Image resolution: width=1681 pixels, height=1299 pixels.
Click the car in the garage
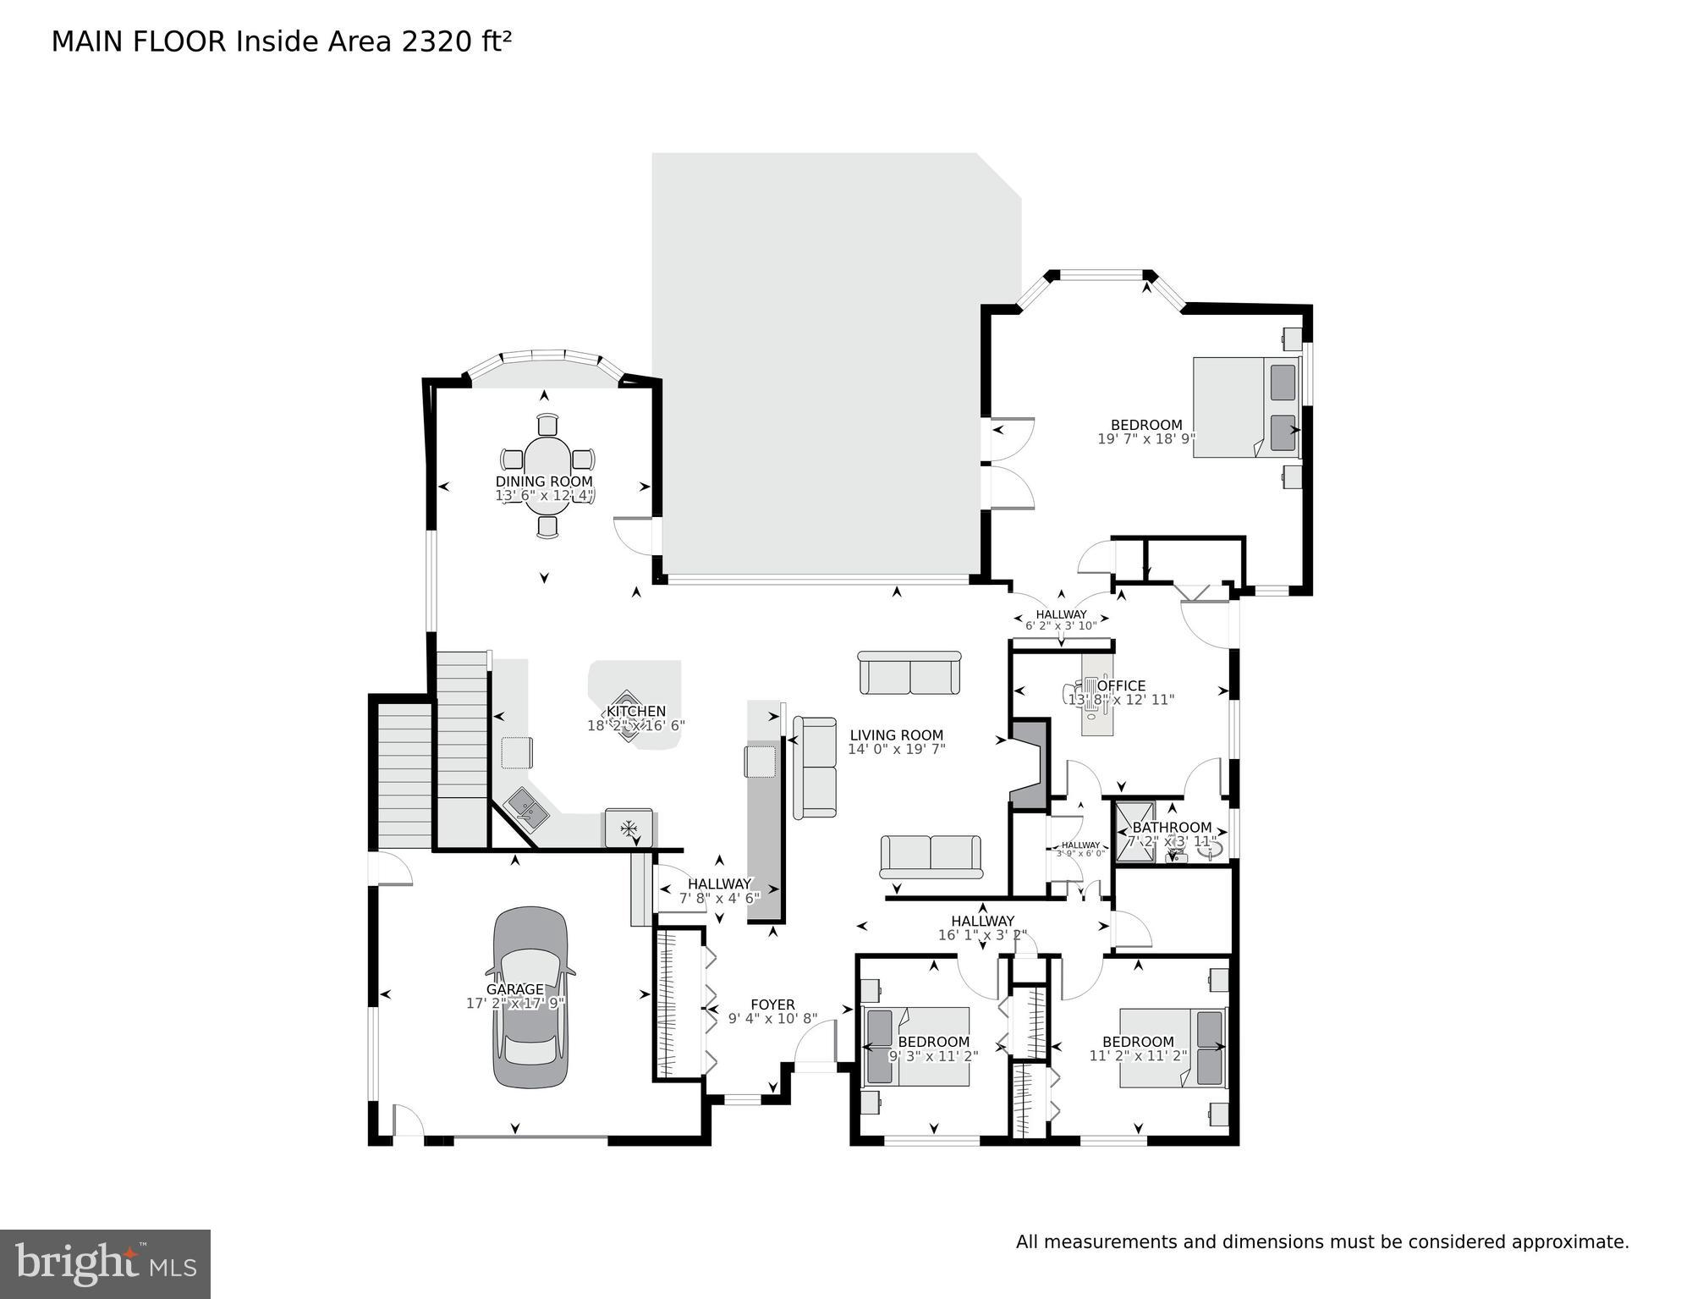click(530, 999)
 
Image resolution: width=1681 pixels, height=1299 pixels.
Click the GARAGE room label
click(514, 989)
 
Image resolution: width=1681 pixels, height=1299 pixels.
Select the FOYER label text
click(772, 1005)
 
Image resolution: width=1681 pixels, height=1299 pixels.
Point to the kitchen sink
click(528, 808)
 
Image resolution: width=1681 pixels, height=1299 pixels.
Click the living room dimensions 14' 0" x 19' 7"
click(896, 749)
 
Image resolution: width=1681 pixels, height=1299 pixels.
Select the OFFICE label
click(1121, 685)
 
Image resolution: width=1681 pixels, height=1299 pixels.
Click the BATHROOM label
click(1172, 827)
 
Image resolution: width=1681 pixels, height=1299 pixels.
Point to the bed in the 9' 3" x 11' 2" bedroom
click(915, 1046)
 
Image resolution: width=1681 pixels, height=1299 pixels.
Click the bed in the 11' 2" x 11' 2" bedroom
click(1173, 1047)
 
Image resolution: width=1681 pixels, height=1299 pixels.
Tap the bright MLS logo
click(105, 1263)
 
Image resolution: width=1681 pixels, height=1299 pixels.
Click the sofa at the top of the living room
click(909, 674)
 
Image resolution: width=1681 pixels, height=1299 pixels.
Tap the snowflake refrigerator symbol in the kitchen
click(629, 828)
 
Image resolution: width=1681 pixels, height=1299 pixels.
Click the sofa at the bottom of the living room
click(931, 856)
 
